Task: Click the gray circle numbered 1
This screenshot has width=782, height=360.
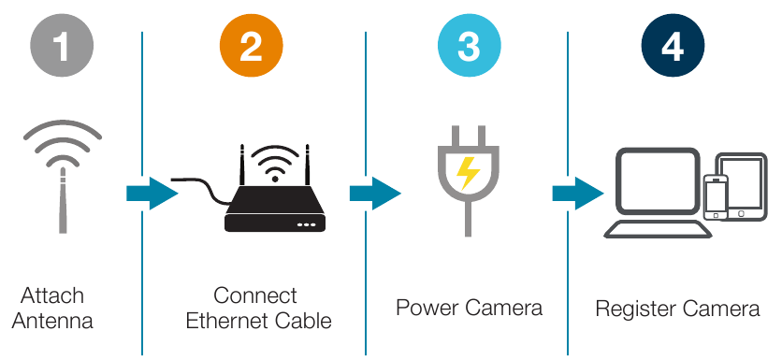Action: [62, 46]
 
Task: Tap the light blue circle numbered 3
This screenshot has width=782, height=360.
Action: [469, 46]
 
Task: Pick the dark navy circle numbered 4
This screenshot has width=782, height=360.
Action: [672, 46]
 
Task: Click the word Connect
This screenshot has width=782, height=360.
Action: [255, 296]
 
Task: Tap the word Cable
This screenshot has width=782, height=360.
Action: [302, 322]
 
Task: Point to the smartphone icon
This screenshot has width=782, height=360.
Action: [716, 196]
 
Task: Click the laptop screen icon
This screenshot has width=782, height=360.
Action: [658, 182]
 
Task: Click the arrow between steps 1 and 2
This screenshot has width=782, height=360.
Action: [151, 194]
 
